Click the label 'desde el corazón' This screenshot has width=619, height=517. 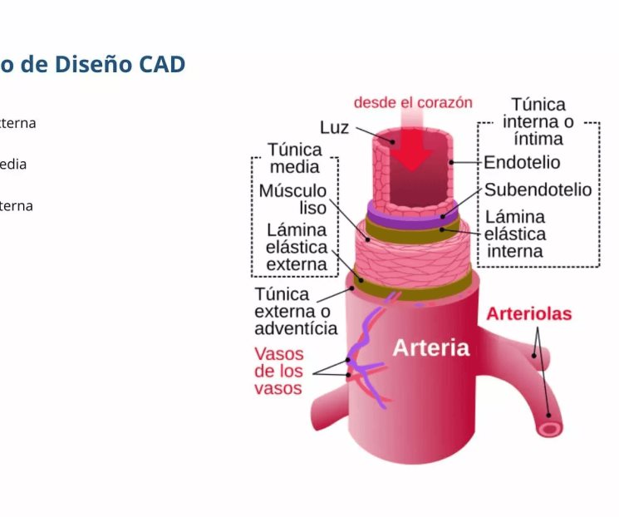(x=413, y=102)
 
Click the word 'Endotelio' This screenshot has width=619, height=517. (x=522, y=162)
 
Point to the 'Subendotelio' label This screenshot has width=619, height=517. (x=538, y=190)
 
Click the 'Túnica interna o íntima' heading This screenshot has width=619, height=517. (x=538, y=121)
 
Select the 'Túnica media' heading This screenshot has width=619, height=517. (x=295, y=158)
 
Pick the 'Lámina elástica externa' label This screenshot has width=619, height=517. (x=297, y=247)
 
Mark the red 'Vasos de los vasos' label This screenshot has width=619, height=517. (x=278, y=371)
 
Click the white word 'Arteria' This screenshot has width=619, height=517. (x=430, y=347)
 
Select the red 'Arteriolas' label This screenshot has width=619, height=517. (x=528, y=314)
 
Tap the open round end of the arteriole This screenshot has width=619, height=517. (x=549, y=427)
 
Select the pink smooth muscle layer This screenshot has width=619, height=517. (x=415, y=254)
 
